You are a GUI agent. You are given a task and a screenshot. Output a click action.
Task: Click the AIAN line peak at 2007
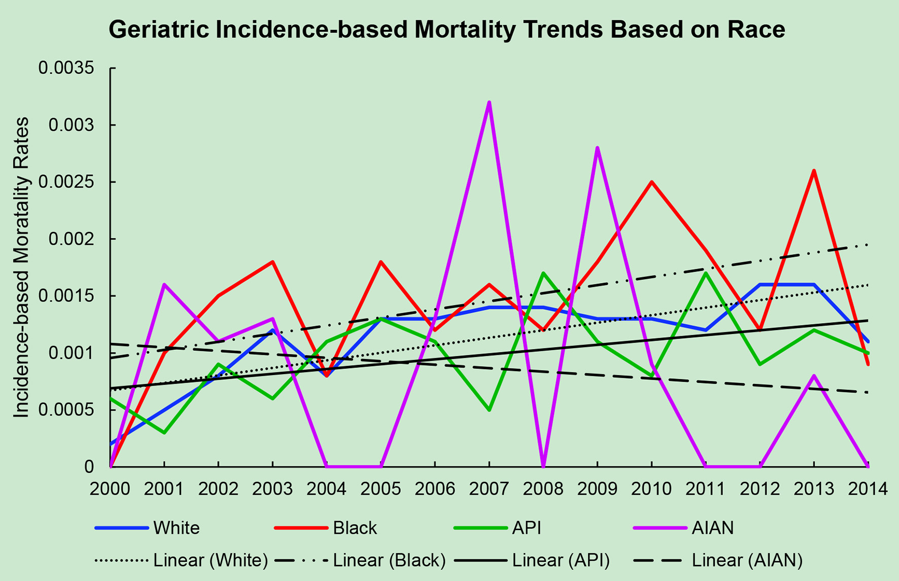(489, 103)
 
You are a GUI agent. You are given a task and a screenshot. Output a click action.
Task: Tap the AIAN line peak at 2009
(598, 148)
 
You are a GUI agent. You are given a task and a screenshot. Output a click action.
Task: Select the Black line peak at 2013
(814, 171)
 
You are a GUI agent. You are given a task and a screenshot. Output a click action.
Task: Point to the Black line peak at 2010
(651, 182)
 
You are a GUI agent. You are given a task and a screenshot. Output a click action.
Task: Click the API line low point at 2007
(489, 409)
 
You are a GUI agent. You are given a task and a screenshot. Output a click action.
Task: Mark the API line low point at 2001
(164, 432)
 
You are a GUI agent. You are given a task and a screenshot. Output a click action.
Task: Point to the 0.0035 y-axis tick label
(66, 68)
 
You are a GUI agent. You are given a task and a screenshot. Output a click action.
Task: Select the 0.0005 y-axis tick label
(66, 410)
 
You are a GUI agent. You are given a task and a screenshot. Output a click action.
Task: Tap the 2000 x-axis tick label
(110, 489)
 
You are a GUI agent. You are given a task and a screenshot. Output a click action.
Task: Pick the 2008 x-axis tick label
(543, 489)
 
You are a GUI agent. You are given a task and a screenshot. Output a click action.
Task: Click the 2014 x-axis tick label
(868, 489)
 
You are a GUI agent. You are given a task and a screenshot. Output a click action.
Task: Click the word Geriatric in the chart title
(158, 30)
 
